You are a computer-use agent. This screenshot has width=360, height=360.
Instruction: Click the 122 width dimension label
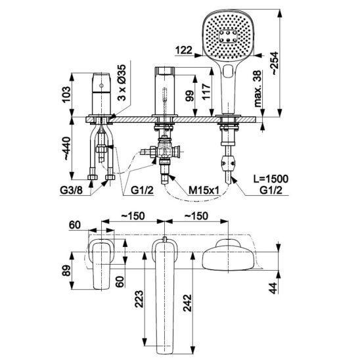(x=184, y=50)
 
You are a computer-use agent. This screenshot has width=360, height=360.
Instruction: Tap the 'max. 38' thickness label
(x=258, y=89)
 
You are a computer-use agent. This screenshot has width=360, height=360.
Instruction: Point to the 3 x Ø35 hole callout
(x=122, y=82)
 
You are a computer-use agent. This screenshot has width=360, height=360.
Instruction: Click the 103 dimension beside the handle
(x=66, y=95)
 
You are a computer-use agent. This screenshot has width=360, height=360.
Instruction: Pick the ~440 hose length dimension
(x=66, y=148)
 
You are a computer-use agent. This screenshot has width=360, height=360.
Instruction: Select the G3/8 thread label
(x=71, y=190)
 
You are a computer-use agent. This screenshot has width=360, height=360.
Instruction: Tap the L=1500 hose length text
(x=271, y=179)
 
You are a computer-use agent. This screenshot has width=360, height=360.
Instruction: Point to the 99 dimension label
(x=190, y=96)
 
